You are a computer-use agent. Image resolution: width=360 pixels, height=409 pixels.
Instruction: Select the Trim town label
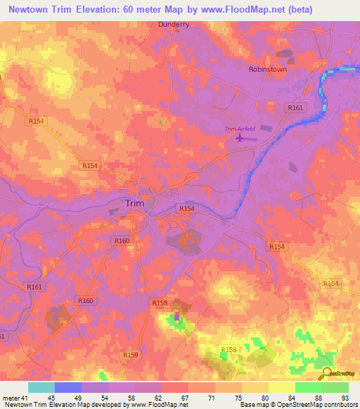[x=134, y=203]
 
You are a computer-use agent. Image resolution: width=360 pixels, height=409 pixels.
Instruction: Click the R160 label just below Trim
[x=122, y=241]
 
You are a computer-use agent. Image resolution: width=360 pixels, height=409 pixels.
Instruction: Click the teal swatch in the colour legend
[x=41, y=387]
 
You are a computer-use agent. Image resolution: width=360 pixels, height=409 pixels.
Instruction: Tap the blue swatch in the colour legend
[x=67, y=387]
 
